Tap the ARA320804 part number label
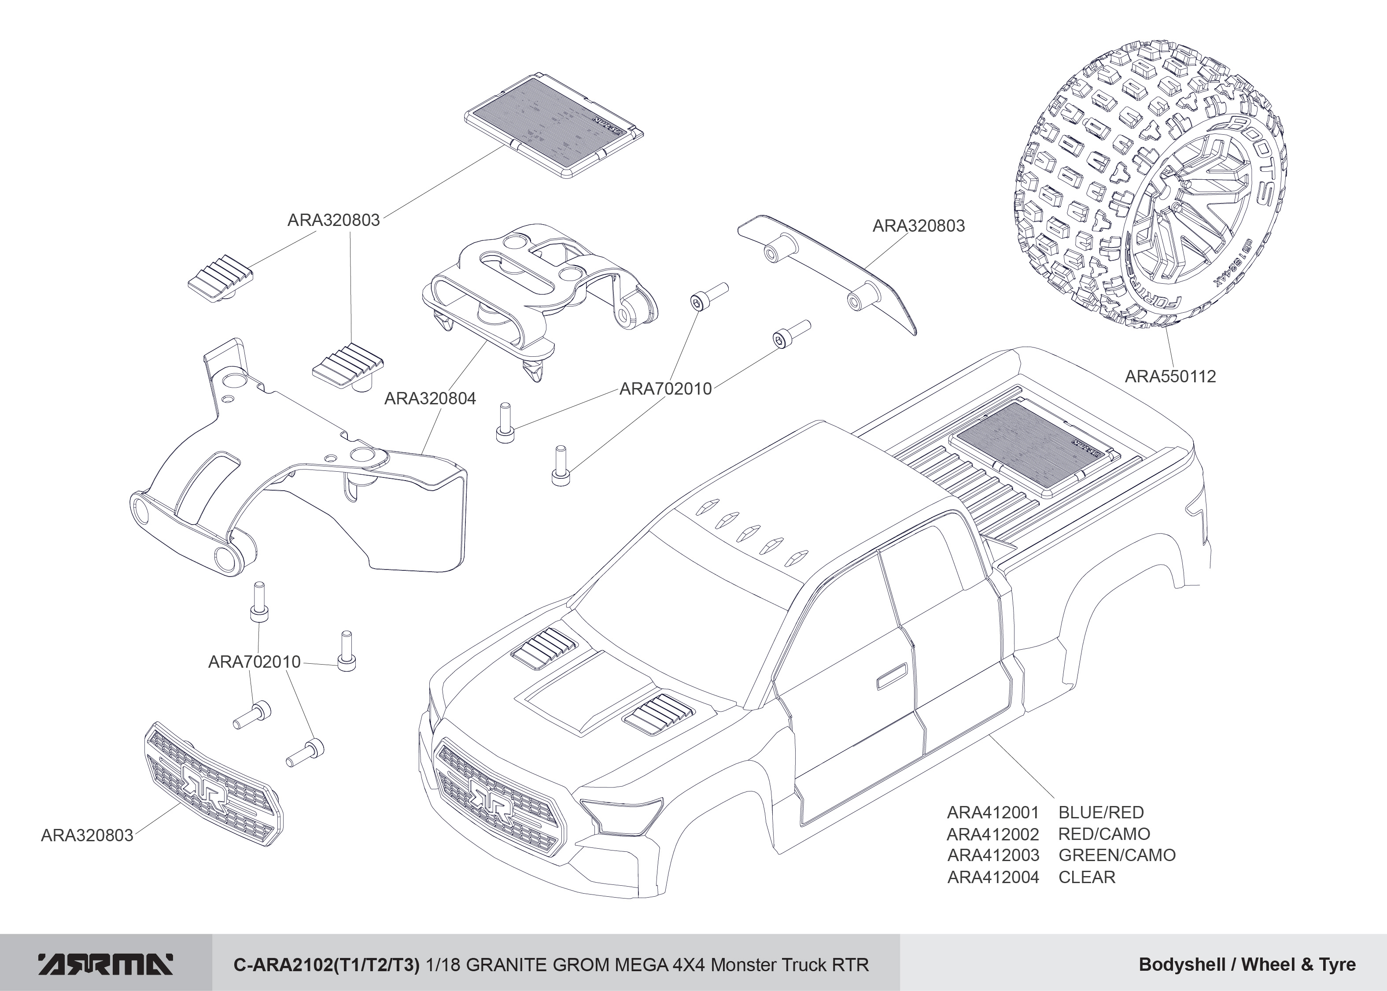point(430,399)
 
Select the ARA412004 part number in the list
point(993,877)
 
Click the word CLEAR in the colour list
point(1086,877)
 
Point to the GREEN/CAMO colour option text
point(1116,855)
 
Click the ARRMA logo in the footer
point(105,964)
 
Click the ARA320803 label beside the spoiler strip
point(919,226)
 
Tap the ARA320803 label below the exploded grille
point(87,836)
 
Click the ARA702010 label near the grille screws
point(255,662)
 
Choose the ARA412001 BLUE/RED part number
point(992,812)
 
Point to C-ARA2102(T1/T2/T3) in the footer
point(327,965)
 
